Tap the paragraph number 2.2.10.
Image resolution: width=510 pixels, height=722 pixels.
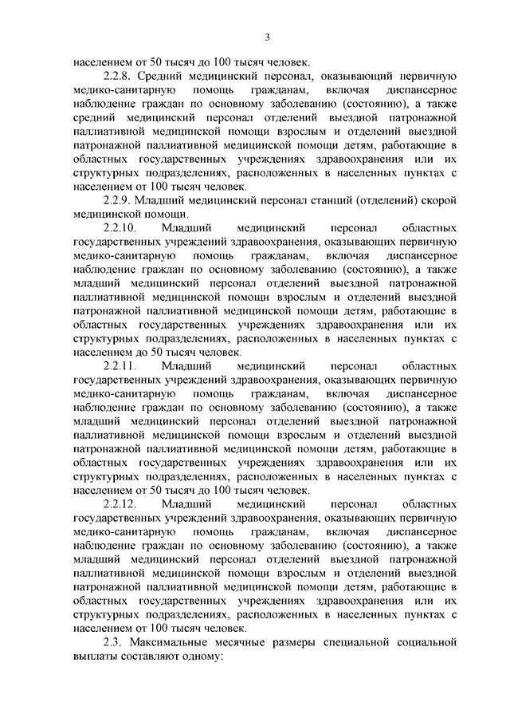120,228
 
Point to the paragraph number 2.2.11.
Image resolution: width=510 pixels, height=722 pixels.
120,366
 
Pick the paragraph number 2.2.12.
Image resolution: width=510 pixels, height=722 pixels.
120,504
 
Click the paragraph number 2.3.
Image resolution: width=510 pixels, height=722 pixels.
115,642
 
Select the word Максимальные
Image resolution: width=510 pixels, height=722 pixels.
173,642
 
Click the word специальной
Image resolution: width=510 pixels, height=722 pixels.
367,642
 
